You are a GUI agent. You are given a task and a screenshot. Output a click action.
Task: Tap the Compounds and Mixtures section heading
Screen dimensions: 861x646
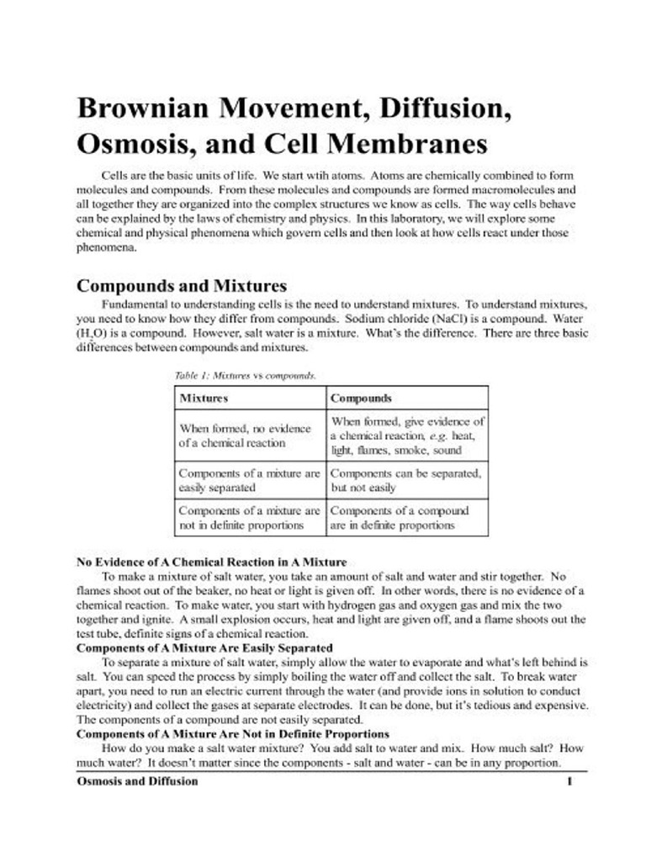[182, 285]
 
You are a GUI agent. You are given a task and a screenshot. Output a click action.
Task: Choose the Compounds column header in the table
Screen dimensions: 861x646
[361, 397]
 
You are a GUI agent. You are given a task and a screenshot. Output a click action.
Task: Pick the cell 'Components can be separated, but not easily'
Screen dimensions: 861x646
[405, 480]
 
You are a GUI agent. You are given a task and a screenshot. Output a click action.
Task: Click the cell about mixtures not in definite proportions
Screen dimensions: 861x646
[249, 518]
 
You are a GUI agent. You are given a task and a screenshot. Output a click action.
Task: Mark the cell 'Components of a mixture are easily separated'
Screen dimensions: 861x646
[249, 480]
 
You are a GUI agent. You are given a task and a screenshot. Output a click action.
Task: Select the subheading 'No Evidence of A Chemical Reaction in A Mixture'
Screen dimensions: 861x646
[211, 562]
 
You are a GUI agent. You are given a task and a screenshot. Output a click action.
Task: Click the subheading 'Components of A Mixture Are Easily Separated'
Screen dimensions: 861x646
[204, 648]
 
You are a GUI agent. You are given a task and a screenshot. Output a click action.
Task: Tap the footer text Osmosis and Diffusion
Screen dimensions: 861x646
[137, 781]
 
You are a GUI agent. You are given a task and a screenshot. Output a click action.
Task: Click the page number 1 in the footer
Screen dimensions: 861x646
[569, 781]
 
